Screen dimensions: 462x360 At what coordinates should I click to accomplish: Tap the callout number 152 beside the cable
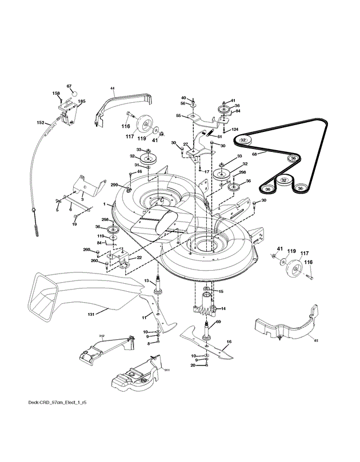click(x=41, y=122)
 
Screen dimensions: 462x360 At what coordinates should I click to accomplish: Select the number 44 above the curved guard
click(x=113, y=89)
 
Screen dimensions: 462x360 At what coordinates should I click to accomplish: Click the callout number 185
click(x=82, y=102)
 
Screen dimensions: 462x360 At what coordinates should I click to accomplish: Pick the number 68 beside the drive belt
click(x=255, y=154)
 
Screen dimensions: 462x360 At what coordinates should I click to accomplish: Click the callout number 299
click(x=114, y=184)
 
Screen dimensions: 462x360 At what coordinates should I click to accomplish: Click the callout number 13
click(x=146, y=280)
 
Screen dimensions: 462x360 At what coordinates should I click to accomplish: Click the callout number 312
click(x=101, y=336)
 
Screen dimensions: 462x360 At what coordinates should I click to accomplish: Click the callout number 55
click(x=178, y=116)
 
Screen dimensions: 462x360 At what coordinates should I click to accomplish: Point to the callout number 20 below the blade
click(x=193, y=365)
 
